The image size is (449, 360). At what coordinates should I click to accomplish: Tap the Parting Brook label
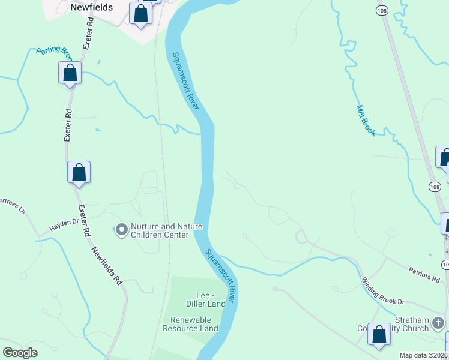tap(54, 53)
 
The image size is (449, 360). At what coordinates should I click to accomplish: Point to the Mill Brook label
tap(366, 121)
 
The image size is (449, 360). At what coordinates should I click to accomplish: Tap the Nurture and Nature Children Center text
tap(166, 230)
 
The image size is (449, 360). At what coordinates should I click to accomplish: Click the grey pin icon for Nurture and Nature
tap(122, 230)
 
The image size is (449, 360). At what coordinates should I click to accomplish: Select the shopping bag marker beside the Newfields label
tap(140, 13)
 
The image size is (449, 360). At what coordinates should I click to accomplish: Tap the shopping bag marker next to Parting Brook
tap(70, 73)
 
